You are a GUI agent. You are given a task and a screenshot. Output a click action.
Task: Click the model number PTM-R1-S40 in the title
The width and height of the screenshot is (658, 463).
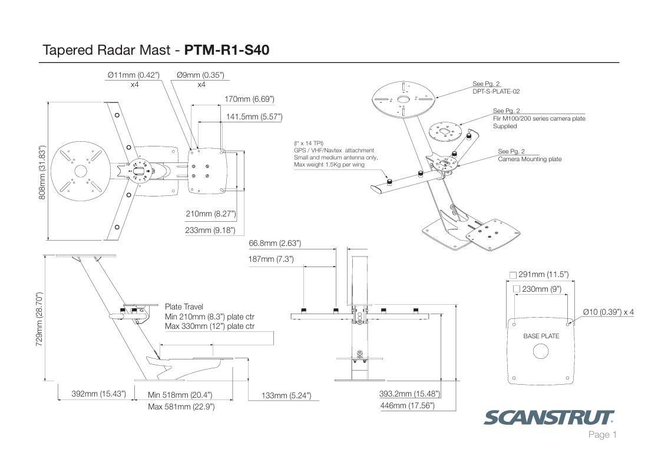(227, 50)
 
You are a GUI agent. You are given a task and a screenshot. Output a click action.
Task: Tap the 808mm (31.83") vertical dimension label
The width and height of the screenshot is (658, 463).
(42, 172)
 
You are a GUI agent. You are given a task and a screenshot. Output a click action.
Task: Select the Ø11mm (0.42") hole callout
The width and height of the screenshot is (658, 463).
(134, 75)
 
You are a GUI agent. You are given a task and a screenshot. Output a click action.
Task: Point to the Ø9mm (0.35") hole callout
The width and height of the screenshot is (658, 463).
(200, 75)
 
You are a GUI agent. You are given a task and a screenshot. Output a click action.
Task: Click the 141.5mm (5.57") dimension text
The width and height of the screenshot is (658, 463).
(254, 117)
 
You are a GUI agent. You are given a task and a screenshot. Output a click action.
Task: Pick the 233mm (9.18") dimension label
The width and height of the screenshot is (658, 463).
(210, 231)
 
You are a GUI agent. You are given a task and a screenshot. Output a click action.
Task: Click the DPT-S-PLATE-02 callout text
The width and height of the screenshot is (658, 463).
(496, 92)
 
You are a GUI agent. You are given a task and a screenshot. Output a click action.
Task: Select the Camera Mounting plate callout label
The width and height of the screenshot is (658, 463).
(530, 159)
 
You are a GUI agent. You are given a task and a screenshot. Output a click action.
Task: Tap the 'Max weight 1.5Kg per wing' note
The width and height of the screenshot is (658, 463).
(329, 165)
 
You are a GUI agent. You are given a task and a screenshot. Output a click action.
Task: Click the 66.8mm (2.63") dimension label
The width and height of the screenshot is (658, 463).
(275, 243)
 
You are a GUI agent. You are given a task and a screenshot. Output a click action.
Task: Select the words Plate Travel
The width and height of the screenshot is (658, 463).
(184, 307)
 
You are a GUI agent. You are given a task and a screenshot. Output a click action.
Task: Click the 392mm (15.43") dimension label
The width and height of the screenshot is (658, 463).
(98, 394)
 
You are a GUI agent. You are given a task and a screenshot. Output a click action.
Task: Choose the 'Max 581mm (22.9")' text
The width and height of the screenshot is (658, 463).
(181, 407)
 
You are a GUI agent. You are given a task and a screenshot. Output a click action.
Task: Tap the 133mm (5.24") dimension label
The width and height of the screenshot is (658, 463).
(286, 395)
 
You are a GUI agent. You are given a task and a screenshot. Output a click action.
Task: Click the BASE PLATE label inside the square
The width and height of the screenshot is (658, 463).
(541, 336)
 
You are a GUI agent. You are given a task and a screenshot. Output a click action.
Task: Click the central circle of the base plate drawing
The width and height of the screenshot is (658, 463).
(540, 351)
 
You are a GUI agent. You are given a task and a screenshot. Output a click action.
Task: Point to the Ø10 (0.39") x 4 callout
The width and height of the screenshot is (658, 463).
(608, 312)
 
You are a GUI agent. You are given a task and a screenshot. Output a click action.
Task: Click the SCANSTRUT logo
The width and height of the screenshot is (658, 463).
(548, 418)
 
